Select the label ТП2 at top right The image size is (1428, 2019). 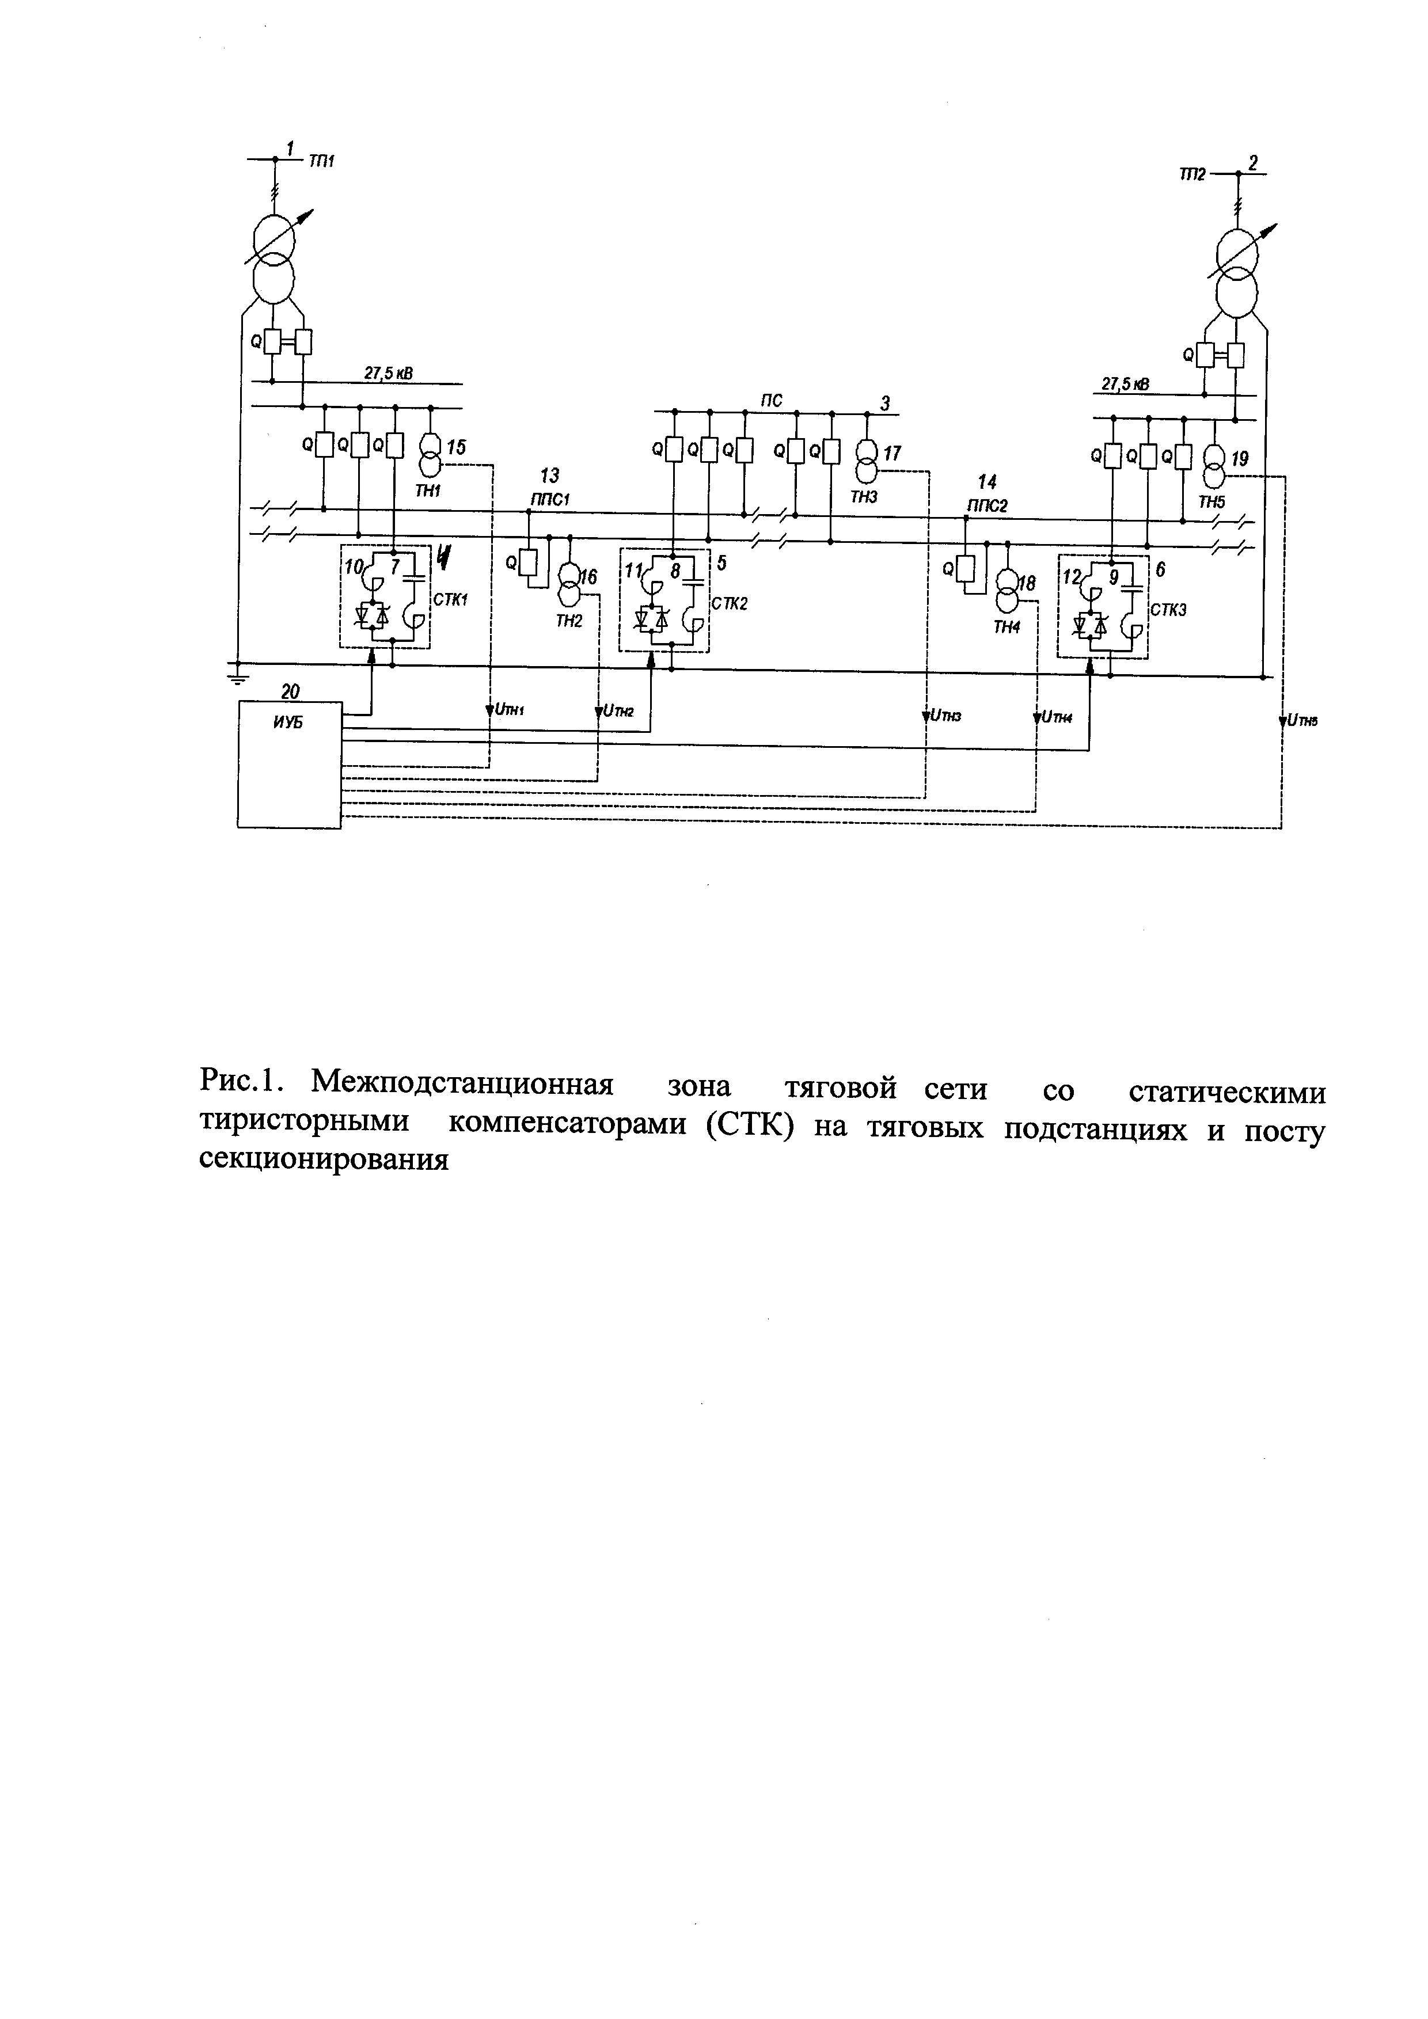1192,175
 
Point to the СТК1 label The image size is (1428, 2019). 450,600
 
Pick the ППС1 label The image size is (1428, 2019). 550,499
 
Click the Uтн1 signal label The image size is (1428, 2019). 508,710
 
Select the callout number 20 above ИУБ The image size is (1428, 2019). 290,693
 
